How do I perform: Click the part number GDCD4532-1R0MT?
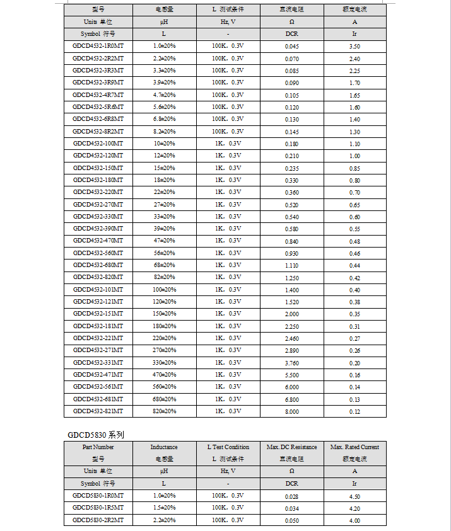point(98,46)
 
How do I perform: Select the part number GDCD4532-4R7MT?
point(98,94)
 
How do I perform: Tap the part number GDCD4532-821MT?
point(98,411)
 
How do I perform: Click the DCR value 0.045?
point(291,46)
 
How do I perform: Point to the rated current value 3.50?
point(354,46)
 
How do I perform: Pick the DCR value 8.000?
point(291,411)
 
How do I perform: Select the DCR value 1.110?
point(291,265)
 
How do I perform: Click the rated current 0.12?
point(354,411)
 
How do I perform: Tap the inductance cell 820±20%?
point(164,411)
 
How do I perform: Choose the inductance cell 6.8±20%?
point(164,119)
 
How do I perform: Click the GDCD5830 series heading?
point(97,435)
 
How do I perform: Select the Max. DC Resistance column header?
point(291,447)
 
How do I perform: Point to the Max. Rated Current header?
point(354,447)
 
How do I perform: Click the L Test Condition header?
point(228,447)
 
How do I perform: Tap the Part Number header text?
point(98,447)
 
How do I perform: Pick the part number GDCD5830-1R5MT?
point(98,508)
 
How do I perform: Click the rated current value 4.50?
point(354,496)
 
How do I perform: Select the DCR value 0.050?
point(291,520)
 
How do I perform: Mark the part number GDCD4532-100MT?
point(98,144)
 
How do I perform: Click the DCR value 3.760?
point(291,363)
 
